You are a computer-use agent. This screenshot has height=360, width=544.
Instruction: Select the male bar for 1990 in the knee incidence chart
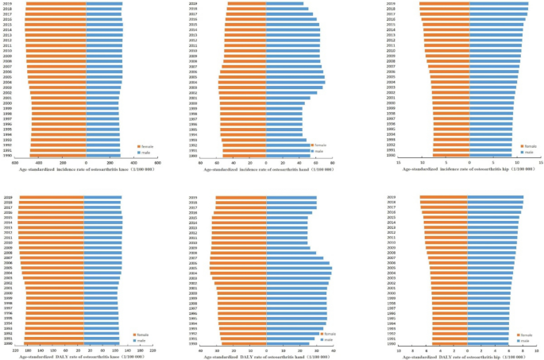click(x=102, y=155)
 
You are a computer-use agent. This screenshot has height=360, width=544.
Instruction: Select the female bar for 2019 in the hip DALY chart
click(x=444, y=197)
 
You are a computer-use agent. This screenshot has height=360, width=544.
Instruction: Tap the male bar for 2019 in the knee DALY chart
click(x=102, y=197)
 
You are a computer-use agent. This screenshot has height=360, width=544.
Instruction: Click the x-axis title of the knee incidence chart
click(x=85, y=170)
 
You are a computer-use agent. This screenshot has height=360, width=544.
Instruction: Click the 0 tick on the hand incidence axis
click(x=266, y=162)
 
